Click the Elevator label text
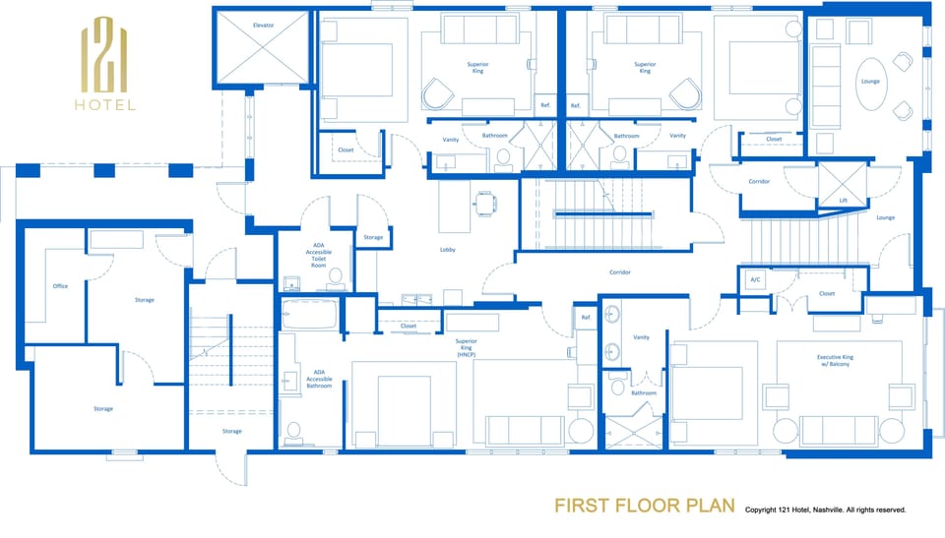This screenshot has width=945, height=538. pos(263,24)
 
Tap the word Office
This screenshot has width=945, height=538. pos(60,286)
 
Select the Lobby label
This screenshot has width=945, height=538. pos(448,250)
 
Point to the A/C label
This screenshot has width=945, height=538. pos(755,279)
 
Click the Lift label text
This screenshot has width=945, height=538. pos(843,200)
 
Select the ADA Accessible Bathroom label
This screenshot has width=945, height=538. pos(319,380)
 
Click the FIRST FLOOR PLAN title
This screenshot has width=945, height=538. pos(645,506)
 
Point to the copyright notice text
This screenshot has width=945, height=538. pos(825,509)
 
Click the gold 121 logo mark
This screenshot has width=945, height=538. pos(105,57)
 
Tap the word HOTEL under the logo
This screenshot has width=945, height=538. pos(105,105)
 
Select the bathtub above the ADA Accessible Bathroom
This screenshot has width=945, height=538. pos(310,316)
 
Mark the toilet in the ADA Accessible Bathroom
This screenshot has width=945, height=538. pos(293,431)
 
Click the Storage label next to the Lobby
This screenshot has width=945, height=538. pos(373,237)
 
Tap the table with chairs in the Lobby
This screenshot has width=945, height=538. pos(486,203)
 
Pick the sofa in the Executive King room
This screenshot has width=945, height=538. pos(839,429)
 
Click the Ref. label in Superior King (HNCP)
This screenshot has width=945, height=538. pos(586,317)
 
